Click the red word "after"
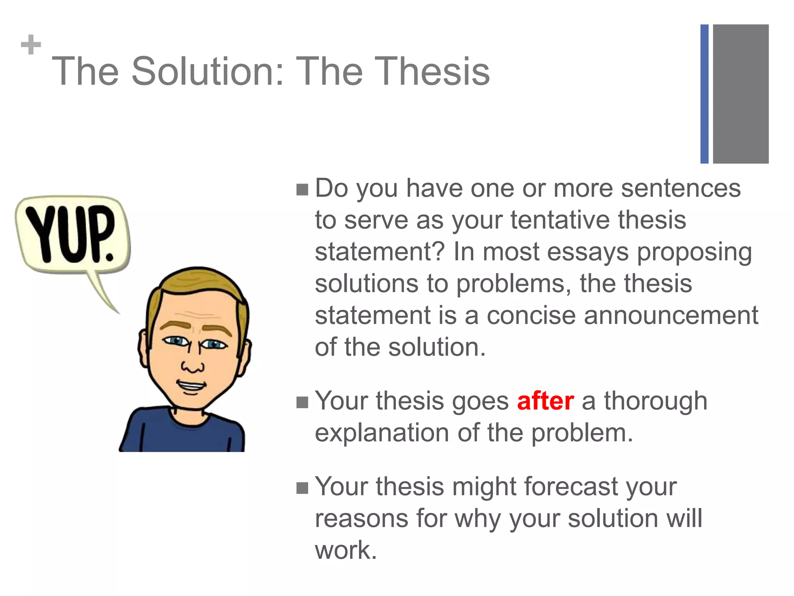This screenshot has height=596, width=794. [x=545, y=401]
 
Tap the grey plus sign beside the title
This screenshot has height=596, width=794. [x=31, y=45]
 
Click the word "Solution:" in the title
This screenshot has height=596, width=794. [x=207, y=71]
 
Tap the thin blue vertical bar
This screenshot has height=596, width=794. [x=704, y=94]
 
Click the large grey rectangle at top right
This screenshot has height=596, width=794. [x=740, y=94]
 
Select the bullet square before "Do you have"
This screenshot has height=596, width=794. [x=302, y=190]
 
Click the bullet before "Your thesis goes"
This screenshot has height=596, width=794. [x=302, y=402]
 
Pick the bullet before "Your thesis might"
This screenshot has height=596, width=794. [x=302, y=488]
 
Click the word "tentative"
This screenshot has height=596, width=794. [x=559, y=220]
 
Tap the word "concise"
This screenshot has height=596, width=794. [x=531, y=315]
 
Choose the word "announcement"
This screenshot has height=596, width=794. [x=671, y=315]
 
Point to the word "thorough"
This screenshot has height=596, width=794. [x=656, y=401]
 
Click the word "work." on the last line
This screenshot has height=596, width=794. [x=346, y=550]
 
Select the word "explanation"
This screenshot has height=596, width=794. [x=382, y=433]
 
